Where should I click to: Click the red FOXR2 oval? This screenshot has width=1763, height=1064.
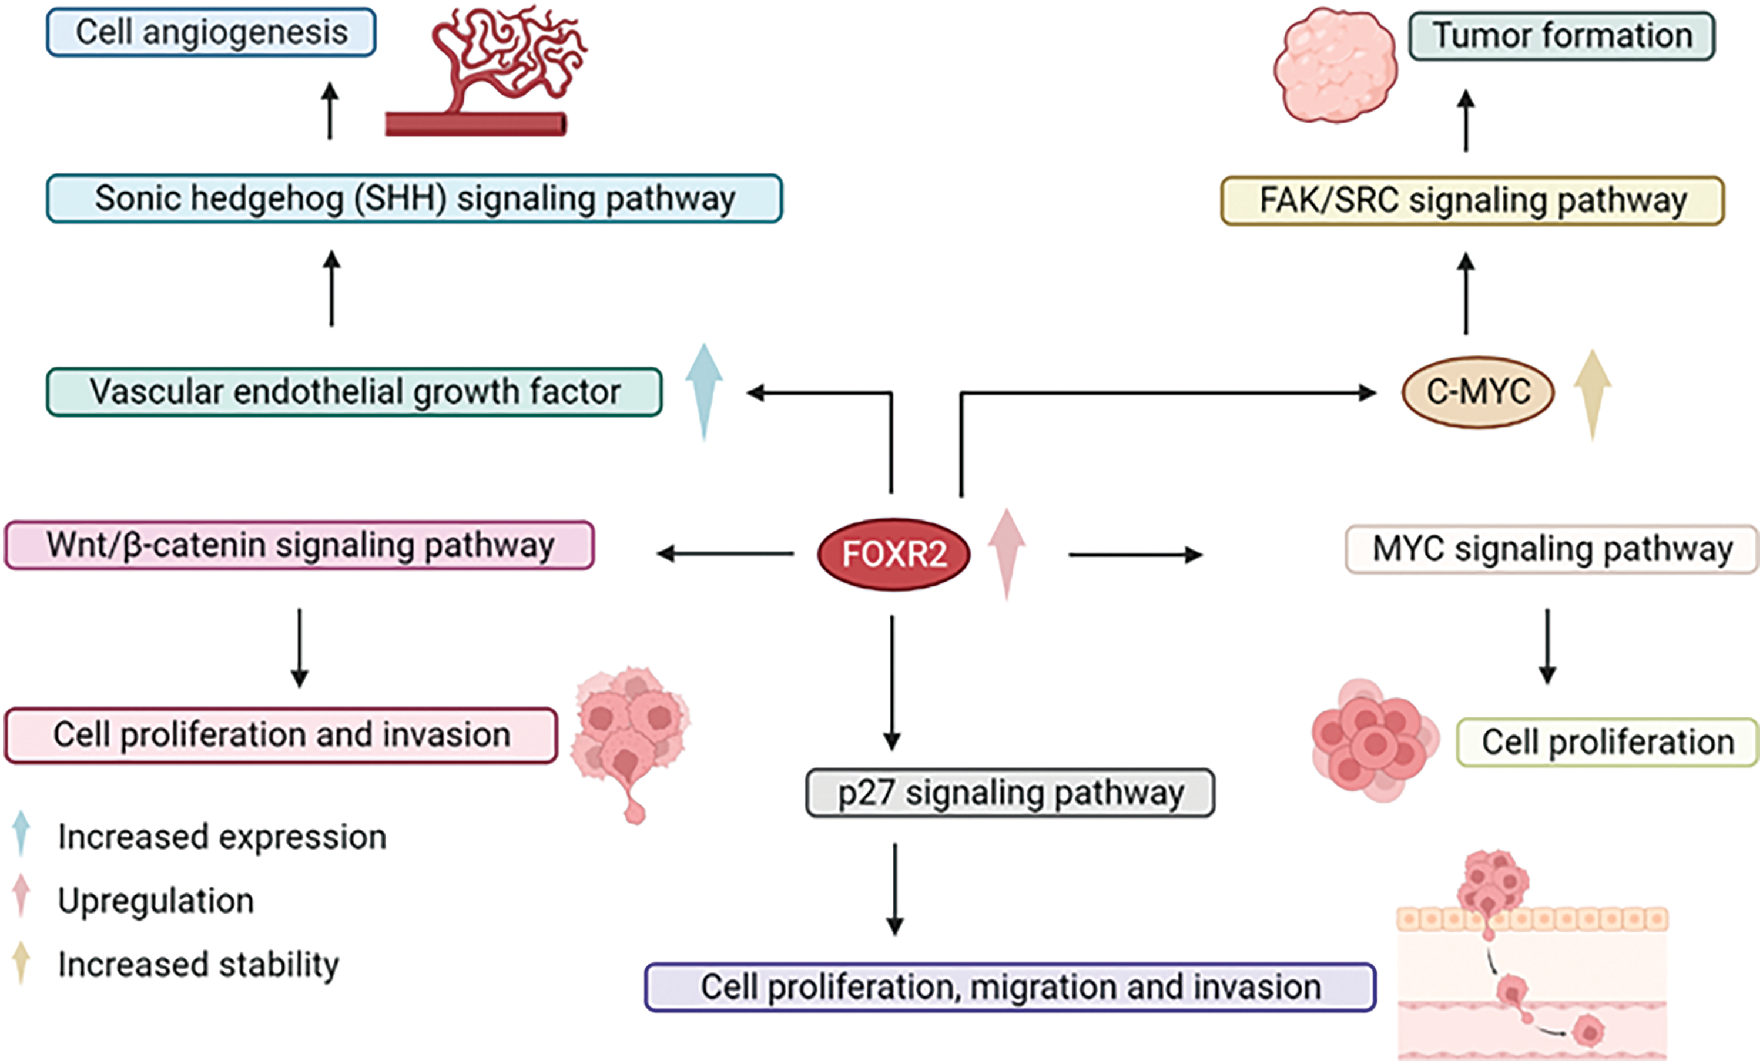coord(894,554)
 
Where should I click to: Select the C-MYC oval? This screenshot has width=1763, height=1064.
coord(1478,392)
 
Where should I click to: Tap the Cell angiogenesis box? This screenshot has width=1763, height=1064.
coord(211,32)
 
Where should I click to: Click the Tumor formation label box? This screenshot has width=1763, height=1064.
coord(1562,36)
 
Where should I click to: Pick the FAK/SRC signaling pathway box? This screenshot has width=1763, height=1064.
coord(1473,201)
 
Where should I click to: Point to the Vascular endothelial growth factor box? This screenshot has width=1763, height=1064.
coord(354,392)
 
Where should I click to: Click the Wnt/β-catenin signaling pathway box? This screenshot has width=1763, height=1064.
coord(299,545)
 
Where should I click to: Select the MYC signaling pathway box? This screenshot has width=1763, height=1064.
coord(1552,549)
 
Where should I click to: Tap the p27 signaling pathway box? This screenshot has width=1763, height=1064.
coord(1010,793)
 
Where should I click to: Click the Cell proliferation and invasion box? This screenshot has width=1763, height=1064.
coord(281,736)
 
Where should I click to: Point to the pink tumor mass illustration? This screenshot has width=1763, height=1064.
coord(1335,65)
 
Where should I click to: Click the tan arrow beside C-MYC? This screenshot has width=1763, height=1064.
coord(1593,395)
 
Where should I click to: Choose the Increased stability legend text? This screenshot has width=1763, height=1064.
coord(198,965)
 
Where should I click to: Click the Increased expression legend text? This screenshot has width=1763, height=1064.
coord(222,837)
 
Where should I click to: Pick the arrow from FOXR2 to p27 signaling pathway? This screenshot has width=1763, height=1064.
coord(891,683)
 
